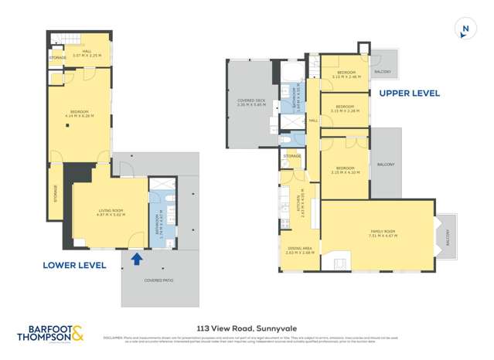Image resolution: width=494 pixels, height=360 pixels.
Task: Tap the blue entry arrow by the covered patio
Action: (x=137, y=259)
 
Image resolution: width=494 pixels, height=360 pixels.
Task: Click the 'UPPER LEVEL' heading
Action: (x=409, y=93)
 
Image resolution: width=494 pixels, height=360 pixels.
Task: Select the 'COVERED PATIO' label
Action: (x=158, y=280)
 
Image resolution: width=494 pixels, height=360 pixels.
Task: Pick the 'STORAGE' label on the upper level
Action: (x=292, y=157)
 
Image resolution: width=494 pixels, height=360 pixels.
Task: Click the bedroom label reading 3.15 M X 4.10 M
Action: (x=345, y=171)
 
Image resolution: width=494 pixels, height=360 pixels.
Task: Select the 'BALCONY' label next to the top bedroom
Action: (x=382, y=71)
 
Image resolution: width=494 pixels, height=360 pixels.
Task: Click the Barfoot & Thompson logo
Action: (x=52, y=334)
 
